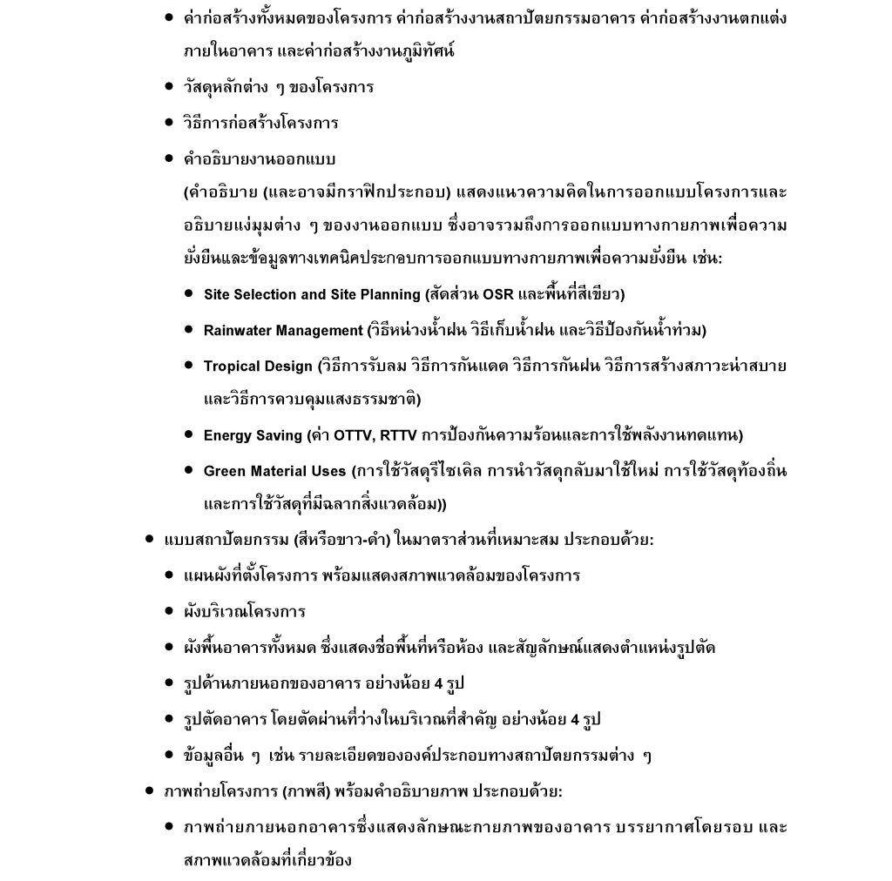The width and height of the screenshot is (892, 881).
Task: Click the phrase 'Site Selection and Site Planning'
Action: point(312,295)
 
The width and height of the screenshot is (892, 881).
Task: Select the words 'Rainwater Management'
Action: point(282,331)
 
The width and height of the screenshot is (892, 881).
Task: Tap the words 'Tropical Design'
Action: point(257,367)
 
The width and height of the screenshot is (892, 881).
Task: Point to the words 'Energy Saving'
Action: point(253,435)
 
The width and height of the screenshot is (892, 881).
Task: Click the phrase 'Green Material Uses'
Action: point(274,471)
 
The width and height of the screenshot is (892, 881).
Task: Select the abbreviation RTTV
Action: point(399,435)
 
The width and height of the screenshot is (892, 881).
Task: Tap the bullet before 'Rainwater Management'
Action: point(188,330)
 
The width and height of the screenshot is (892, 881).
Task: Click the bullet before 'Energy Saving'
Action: point(188,434)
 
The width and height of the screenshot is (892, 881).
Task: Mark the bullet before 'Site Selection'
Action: point(188,294)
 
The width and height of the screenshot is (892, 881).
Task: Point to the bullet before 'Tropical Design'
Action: point(188,366)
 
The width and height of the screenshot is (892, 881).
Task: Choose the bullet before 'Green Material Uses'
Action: point(188,470)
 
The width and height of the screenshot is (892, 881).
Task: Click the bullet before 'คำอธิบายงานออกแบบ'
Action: point(169,159)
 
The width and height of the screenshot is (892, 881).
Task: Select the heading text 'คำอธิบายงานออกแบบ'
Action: point(260,159)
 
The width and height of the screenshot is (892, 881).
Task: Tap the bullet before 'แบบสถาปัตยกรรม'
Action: point(150,540)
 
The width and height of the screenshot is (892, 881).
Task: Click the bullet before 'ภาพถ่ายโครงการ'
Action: point(150,791)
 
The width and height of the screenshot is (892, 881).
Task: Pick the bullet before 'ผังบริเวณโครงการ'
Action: point(169,612)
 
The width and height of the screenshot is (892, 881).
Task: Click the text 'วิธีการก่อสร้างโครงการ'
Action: point(261,123)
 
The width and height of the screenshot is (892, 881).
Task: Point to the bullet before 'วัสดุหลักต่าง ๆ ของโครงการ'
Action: point(169,87)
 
